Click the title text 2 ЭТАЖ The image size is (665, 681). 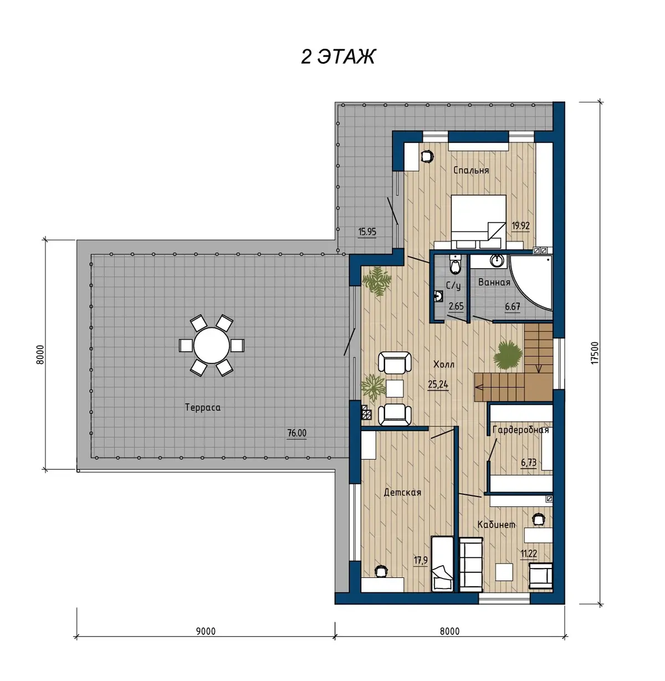pos(338,57)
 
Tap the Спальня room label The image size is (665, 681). pos(470,171)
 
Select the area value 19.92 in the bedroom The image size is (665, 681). pos(520,226)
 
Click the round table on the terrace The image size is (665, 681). pos(211,345)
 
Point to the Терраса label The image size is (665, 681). pos(203,408)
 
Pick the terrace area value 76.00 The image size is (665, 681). pos(297,433)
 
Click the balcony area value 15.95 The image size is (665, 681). pos(367,232)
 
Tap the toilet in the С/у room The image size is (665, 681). pos(456,264)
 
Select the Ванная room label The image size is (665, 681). pos(494,282)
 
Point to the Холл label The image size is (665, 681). pos(444,365)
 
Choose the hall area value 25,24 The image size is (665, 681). pos(438,385)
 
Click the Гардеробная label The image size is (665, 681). pos(520,430)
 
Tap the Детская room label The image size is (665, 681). pos(402,493)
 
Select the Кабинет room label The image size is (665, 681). pos(497,524)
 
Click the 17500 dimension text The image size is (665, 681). pos(594,353)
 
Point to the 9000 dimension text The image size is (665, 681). pos(206,631)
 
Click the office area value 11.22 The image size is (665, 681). pos(529,554)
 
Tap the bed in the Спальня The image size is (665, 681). pos(478,222)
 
